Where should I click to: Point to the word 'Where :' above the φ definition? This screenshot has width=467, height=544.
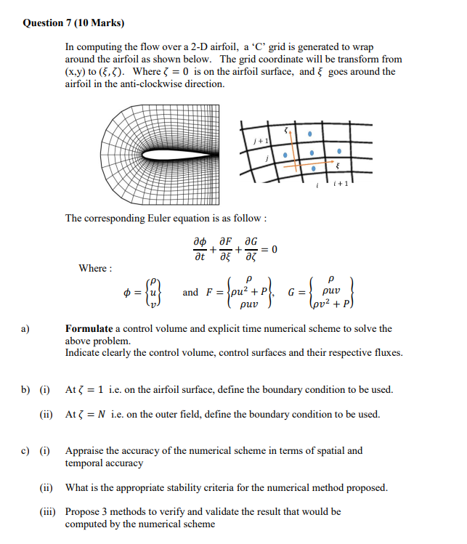(x=95, y=268)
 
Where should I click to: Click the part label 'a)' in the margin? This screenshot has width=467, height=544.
(x=25, y=328)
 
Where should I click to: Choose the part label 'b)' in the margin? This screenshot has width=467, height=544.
(x=25, y=390)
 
